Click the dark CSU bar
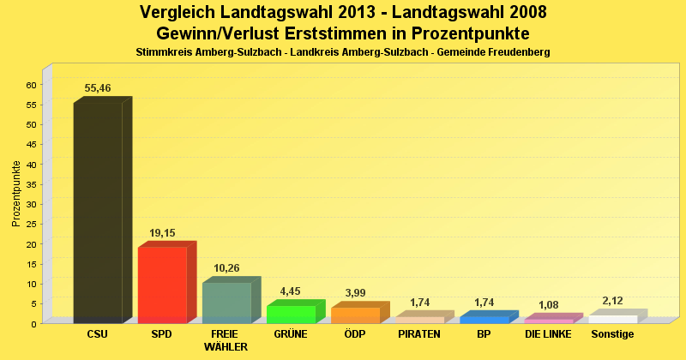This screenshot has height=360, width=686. (x=98, y=213)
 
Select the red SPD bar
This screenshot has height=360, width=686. (x=162, y=285)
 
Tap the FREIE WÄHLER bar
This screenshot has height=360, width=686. (x=226, y=303)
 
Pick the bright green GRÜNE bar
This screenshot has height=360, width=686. (x=292, y=314)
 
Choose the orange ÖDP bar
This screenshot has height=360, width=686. (x=355, y=315)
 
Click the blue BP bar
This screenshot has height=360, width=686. (x=484, y=319)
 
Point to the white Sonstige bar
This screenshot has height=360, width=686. (x=613, y=319)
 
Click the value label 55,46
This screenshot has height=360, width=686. (x=98, y=88)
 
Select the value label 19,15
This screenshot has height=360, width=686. (x=162, y=232)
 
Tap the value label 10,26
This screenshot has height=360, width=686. (x=226, y=268)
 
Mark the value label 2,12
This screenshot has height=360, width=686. (x=613, y=300)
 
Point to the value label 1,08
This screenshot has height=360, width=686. (x=548, y=304)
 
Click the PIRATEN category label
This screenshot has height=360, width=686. (x=419, y=334)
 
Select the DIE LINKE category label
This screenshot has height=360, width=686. (x=548, y=334)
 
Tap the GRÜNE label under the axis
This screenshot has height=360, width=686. (x=291, y=334)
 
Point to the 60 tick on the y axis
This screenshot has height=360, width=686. (x=30, y=85)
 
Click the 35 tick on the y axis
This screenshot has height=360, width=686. (x=30, y=184)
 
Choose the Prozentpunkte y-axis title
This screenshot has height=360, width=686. (x=16, y=194)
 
